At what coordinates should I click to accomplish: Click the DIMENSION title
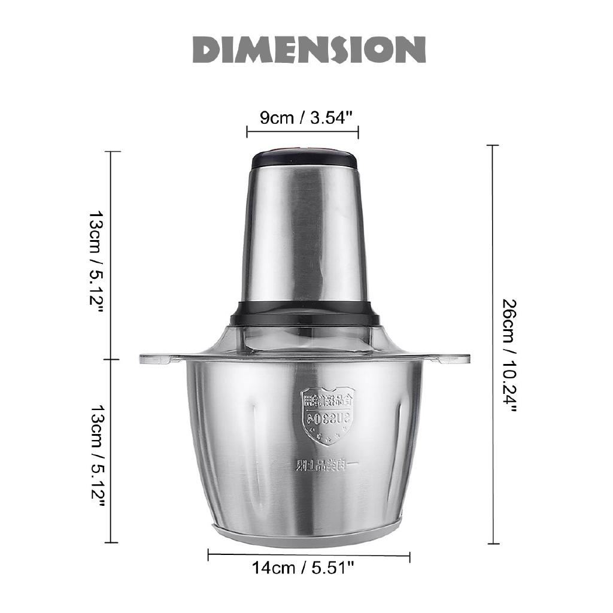point(308,50)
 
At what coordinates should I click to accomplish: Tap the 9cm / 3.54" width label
point(303,117)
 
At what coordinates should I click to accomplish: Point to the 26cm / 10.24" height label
point(509,356)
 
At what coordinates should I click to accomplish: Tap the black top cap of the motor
point(304,159)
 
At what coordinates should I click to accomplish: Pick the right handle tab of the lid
point(453,359)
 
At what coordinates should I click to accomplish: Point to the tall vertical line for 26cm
point(493,344)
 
